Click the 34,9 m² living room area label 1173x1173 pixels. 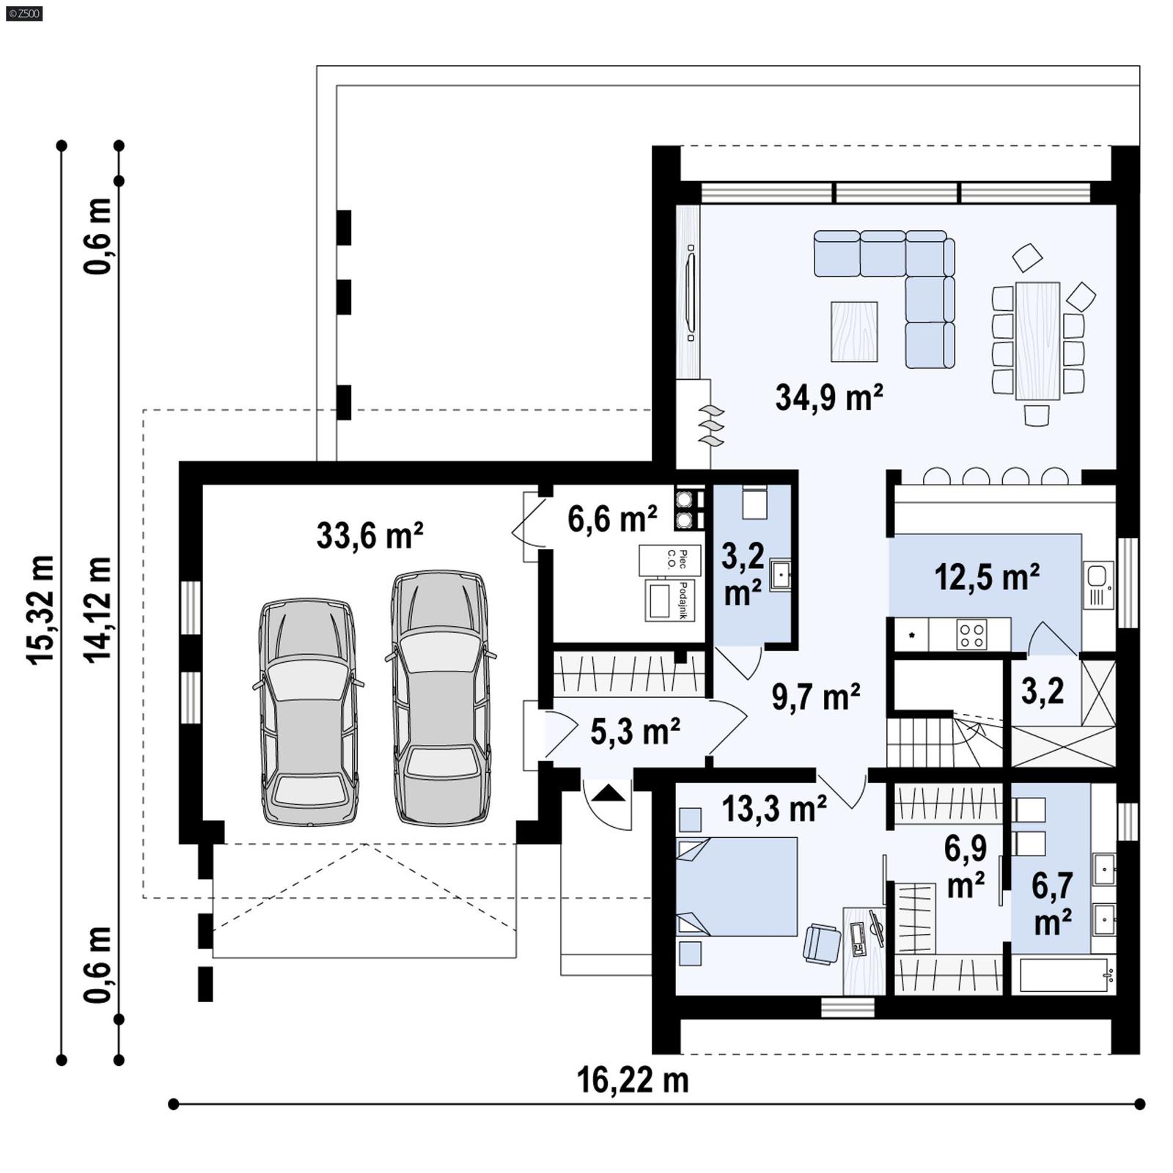click(828, 398)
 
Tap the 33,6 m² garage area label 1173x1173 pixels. click(369, 535)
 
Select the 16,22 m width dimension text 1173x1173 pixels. click(633, 1081)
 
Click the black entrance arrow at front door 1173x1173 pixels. click(609, 794)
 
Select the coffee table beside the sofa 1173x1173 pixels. click(854, 332)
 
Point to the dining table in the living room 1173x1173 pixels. click(1037, 341)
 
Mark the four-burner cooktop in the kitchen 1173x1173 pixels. click(971, 635)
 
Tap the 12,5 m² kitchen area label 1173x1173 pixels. click(986, 578)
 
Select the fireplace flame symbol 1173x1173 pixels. click(711, 426)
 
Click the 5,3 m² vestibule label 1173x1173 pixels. click(635, 732)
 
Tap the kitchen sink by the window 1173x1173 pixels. click(1097, 576)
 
